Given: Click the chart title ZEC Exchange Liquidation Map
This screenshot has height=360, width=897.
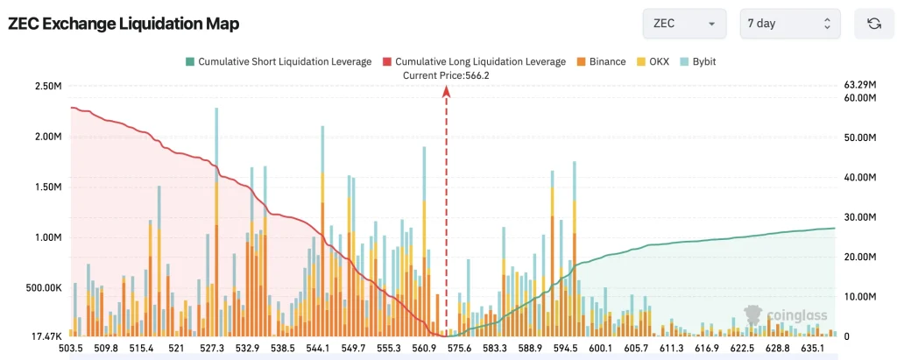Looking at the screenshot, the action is click(123, 24).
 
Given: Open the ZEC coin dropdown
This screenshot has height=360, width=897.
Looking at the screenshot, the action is click(684, 24).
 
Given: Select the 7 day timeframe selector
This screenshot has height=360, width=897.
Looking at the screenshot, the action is click(790, 24).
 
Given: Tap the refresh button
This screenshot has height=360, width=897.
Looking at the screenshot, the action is click(873, 24).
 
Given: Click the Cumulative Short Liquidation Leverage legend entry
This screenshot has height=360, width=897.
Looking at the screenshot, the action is click(279, 62).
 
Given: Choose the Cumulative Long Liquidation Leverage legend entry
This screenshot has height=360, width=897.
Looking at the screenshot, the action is click(475, 62).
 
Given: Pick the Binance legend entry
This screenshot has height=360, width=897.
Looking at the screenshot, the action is click(601, 62).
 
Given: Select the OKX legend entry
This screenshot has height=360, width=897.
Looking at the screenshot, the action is click(652, 62).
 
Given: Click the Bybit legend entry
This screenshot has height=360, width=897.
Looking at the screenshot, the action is click(696, 62).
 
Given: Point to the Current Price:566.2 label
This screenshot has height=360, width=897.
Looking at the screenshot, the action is click(446, 75).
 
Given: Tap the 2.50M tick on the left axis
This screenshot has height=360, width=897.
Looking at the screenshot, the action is click(49, 87).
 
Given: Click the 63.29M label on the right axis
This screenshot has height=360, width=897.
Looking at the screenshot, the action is click(860, 85).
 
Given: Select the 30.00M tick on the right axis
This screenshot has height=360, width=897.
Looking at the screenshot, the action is click(860, 217).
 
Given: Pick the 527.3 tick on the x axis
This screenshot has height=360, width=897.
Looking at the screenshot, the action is click(212, 348).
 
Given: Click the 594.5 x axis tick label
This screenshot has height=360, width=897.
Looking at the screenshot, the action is click(566, 348).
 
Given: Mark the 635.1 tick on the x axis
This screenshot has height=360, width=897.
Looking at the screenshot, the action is click(812, 348).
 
